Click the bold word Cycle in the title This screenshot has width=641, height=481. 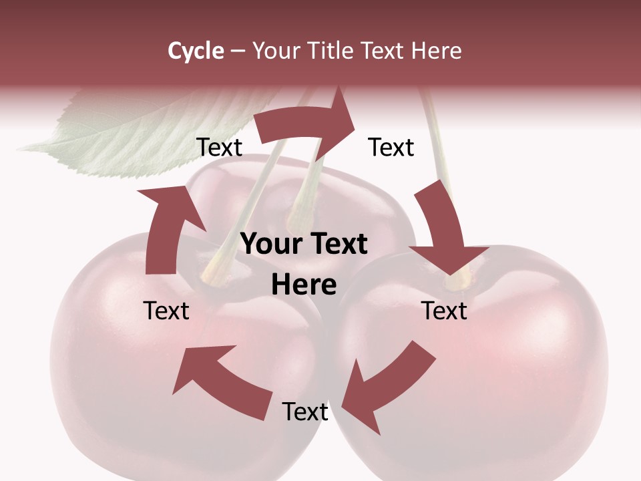(x=196, y=51)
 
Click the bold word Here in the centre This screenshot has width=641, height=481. (x=304, y=285)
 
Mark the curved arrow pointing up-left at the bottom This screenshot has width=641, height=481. (x=220, y=377)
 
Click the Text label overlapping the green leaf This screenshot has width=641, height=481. (x=220, y=147)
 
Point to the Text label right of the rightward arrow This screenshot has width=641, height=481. (x=391, y=147)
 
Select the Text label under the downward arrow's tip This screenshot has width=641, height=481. (x=444, y=311)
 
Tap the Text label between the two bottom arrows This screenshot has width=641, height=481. (x=305, y=412)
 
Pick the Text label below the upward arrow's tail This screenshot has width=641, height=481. (x=167, y=311)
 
